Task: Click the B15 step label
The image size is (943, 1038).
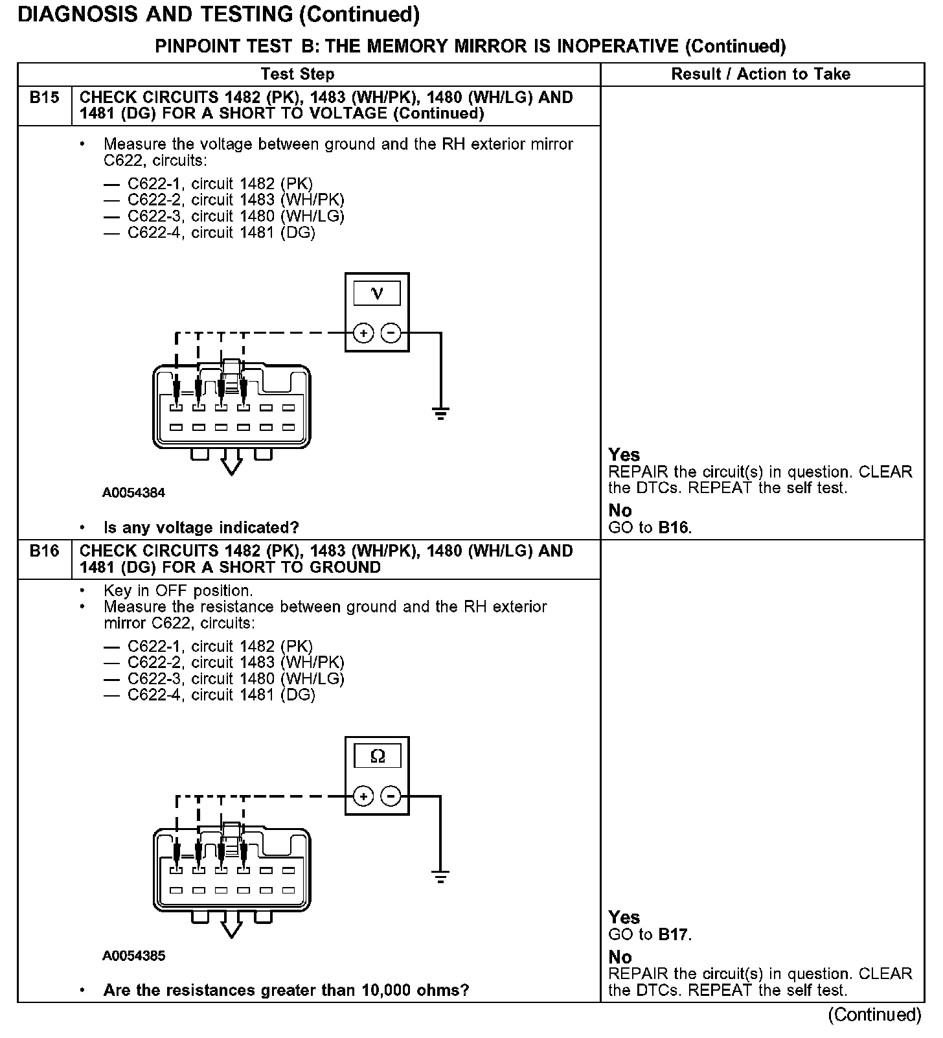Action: coord(44,98)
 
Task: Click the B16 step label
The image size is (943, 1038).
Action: coord(44,551)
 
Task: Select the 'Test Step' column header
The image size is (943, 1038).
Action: coord(298,74)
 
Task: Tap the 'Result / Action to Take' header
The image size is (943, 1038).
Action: coord(761,74)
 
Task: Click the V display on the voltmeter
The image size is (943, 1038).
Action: coord(377,294)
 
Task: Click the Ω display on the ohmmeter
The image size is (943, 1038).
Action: coord(377,756)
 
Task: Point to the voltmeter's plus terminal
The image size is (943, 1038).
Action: coord(363,333)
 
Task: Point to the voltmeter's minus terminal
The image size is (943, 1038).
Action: coord(391,333)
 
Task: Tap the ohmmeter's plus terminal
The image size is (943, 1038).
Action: coord(363,796)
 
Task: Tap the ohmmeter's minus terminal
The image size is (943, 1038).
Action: coord(391,796)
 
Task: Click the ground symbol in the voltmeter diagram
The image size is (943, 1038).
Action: coord(440,413)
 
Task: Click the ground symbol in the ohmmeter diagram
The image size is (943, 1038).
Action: coord(440,877)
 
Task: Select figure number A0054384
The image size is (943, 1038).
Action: coord(133,492)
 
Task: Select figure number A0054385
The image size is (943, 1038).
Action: coord(133,956)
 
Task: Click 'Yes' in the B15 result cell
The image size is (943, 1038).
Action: coord(624,455)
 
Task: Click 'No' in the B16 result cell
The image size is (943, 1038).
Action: coord(620,957)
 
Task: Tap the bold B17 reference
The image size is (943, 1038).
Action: coord(674,934)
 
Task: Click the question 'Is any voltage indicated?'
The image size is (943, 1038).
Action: coord(201,527)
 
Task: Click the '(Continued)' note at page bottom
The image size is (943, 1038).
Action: coord(874,1015)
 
